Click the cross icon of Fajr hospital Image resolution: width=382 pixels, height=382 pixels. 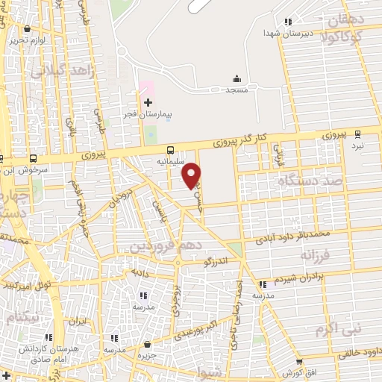click(x=148, y=102)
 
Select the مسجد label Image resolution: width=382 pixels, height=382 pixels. click(x=237, y=90)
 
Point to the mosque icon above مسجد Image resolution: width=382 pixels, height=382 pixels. click(x=237, y=78)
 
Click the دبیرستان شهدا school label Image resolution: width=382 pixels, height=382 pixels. click(x=287, y=34)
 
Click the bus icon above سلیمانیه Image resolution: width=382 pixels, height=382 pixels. click(x=171, y=149)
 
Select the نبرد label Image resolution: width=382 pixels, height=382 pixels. click(x=358, y=146)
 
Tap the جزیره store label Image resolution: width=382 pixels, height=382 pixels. click(x=148, y=356)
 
